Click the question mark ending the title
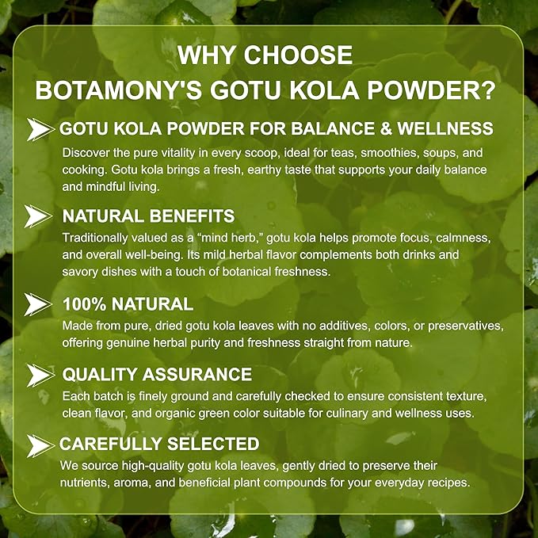[x=488, y=90]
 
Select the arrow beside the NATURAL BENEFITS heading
[x=38, y=215]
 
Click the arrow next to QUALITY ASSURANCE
[x=38, y=375]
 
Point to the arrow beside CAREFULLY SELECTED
[x=38, y=444]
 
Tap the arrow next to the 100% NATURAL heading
[x=38, y=303]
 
